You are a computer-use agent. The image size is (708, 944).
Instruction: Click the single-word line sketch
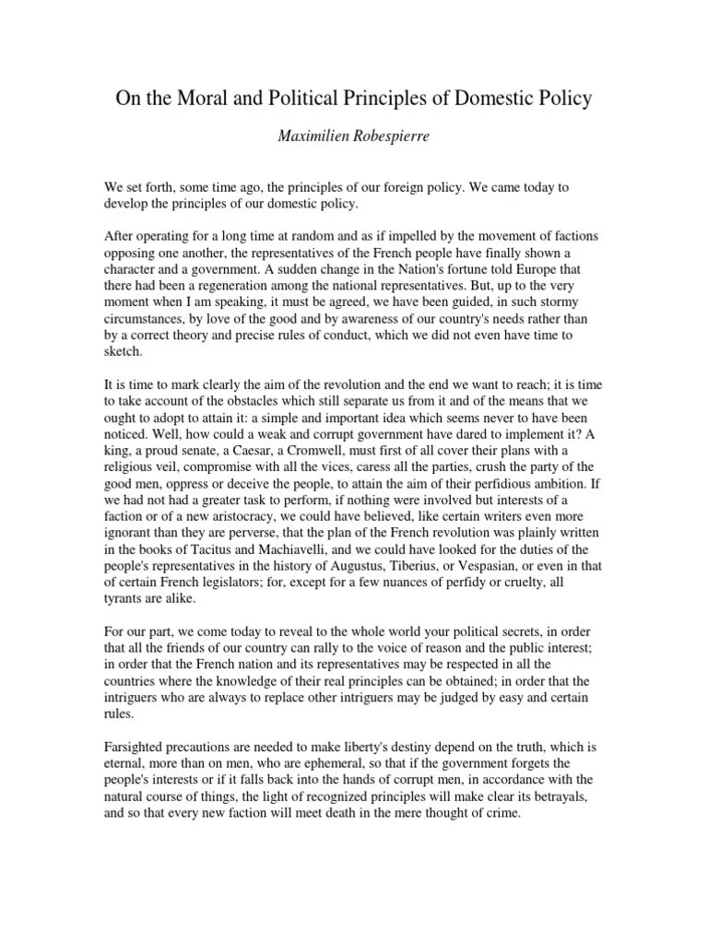[122, 352]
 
